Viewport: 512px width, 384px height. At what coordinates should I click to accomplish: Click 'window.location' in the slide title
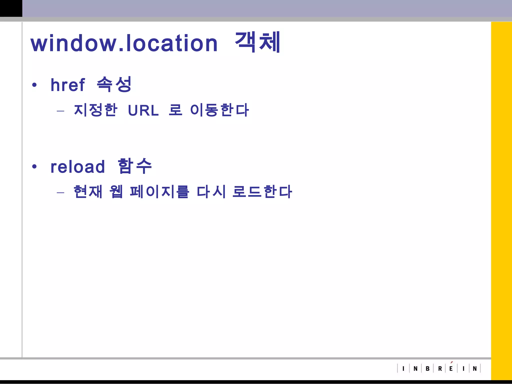point(124,43)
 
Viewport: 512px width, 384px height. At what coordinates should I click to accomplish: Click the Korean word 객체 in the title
point(257,42)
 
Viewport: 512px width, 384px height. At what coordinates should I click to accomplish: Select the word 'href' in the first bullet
point(68,85)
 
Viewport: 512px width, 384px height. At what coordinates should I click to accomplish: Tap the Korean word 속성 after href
point(114,84)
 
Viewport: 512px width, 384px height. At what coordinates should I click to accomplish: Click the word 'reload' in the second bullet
point(78,167)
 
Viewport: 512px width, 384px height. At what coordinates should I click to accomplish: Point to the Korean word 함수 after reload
point(135,166)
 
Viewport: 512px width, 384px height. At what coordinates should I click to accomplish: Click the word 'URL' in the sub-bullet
point(143,110)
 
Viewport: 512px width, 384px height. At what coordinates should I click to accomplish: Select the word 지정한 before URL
point(95,110)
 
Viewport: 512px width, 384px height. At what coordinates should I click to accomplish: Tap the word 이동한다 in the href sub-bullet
point(219,110)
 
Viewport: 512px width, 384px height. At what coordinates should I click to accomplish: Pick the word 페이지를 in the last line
point(159,192)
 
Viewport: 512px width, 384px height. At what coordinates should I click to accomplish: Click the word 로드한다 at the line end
point(262,192)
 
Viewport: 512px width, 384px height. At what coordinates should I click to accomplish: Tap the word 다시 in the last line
point(211,192)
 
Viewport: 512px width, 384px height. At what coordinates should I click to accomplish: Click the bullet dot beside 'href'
point(34,85)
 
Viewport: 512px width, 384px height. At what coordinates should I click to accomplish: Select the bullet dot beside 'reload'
point(34,166)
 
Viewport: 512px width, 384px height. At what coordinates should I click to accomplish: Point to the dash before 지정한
point(60,110)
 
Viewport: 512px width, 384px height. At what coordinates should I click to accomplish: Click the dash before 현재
point(60,192)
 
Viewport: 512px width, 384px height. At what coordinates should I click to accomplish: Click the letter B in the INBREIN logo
point(427,368)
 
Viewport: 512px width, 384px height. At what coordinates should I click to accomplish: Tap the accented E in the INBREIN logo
point(451,368)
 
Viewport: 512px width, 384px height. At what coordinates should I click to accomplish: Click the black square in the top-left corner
point(11,8)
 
